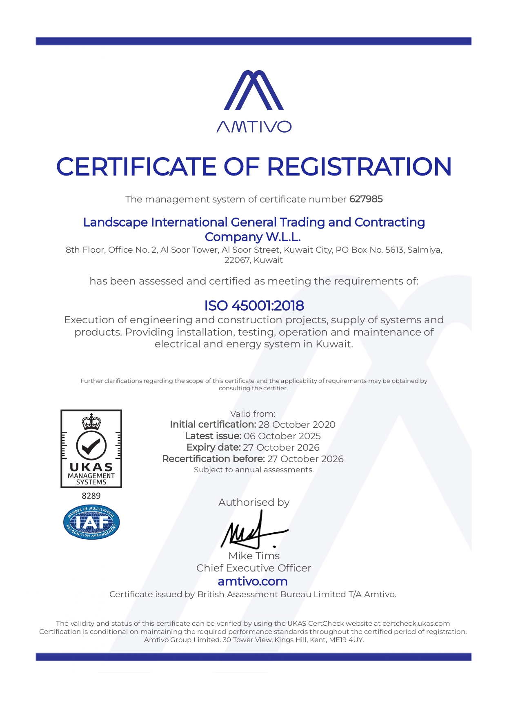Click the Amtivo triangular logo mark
click(x=253, y=90)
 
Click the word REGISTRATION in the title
click(x=359, y=167)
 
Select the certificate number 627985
click(x=366, y=199)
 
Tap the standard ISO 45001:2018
click(x=254, y=305)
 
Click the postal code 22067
click(x=237, y=260)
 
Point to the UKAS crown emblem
click(x=91, y=421)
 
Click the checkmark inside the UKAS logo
click(x=91, y=446)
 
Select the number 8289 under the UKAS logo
click(x=91, y=496)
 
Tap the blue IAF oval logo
click(x=91, y=523)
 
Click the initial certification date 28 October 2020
click(x=297, y=425)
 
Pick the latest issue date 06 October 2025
click(x=282, y=436)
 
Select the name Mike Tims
click(x=254, y=556)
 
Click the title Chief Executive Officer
click(x=253, y=568)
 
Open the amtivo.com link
click(x=253, y=581)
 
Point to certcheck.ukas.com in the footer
click(x=416, y=623)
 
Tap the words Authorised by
click(x=254, y=502)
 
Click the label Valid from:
click(x=253, y=414)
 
